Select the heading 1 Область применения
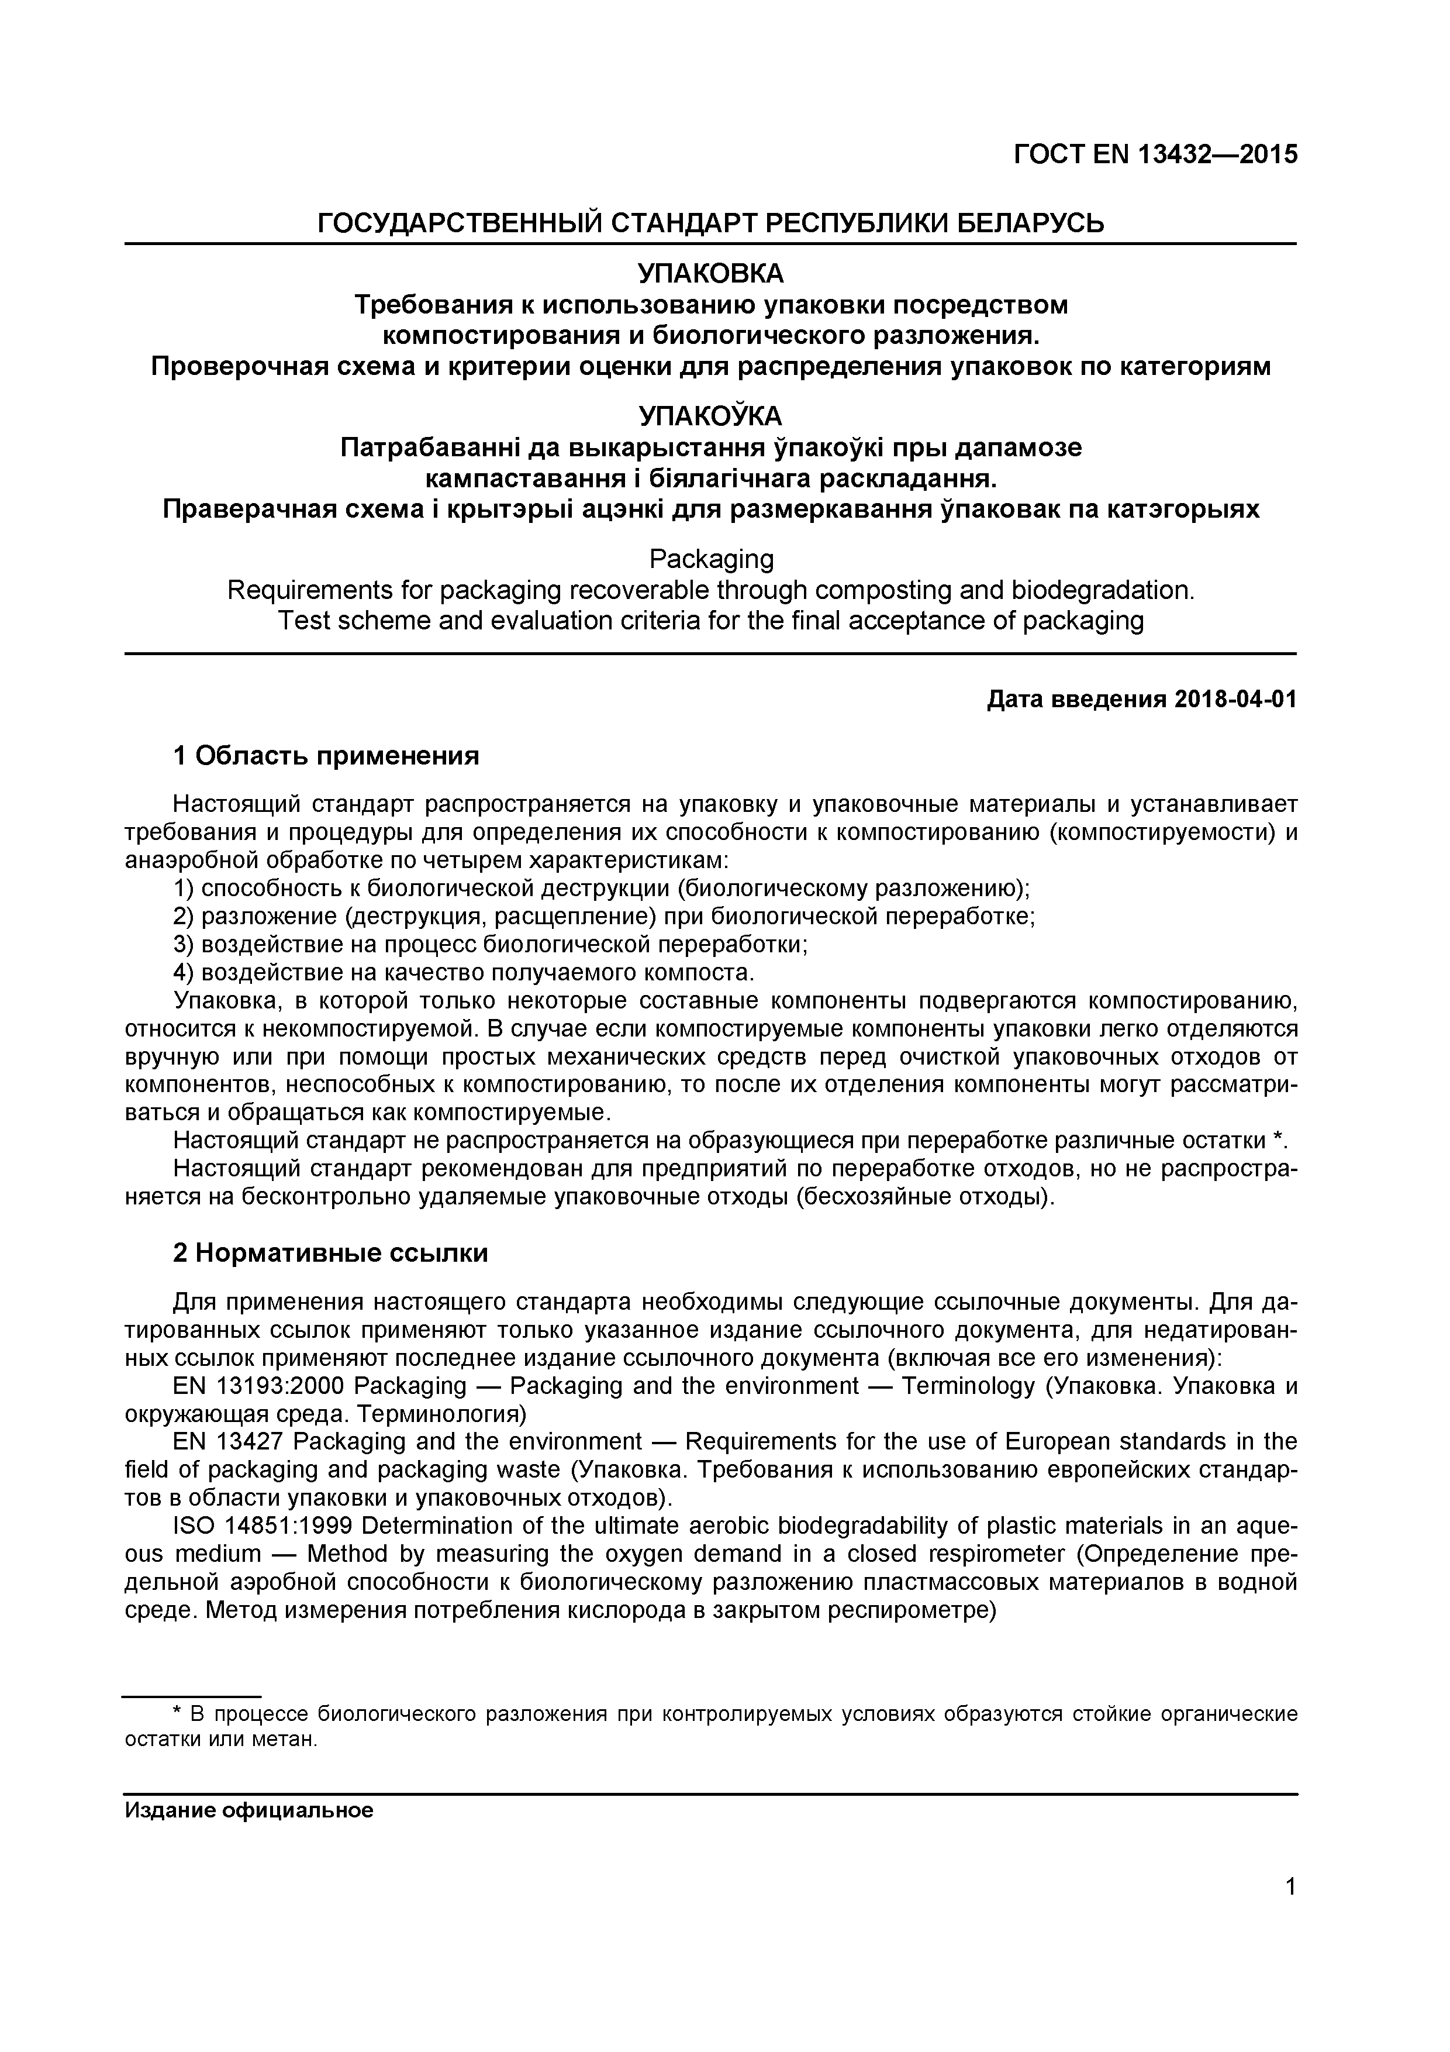pyautogui.click(x=326, y=756)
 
